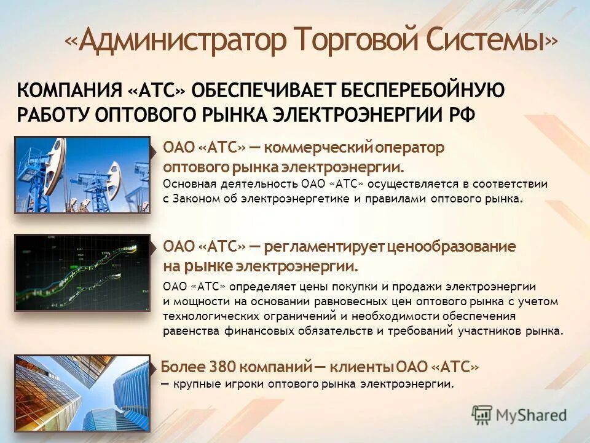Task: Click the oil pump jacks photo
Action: tap(82, 175)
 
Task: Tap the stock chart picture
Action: tap(82, 273)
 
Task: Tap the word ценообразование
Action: tap(452, 247)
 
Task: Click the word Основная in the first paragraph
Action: tap(187, 184)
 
